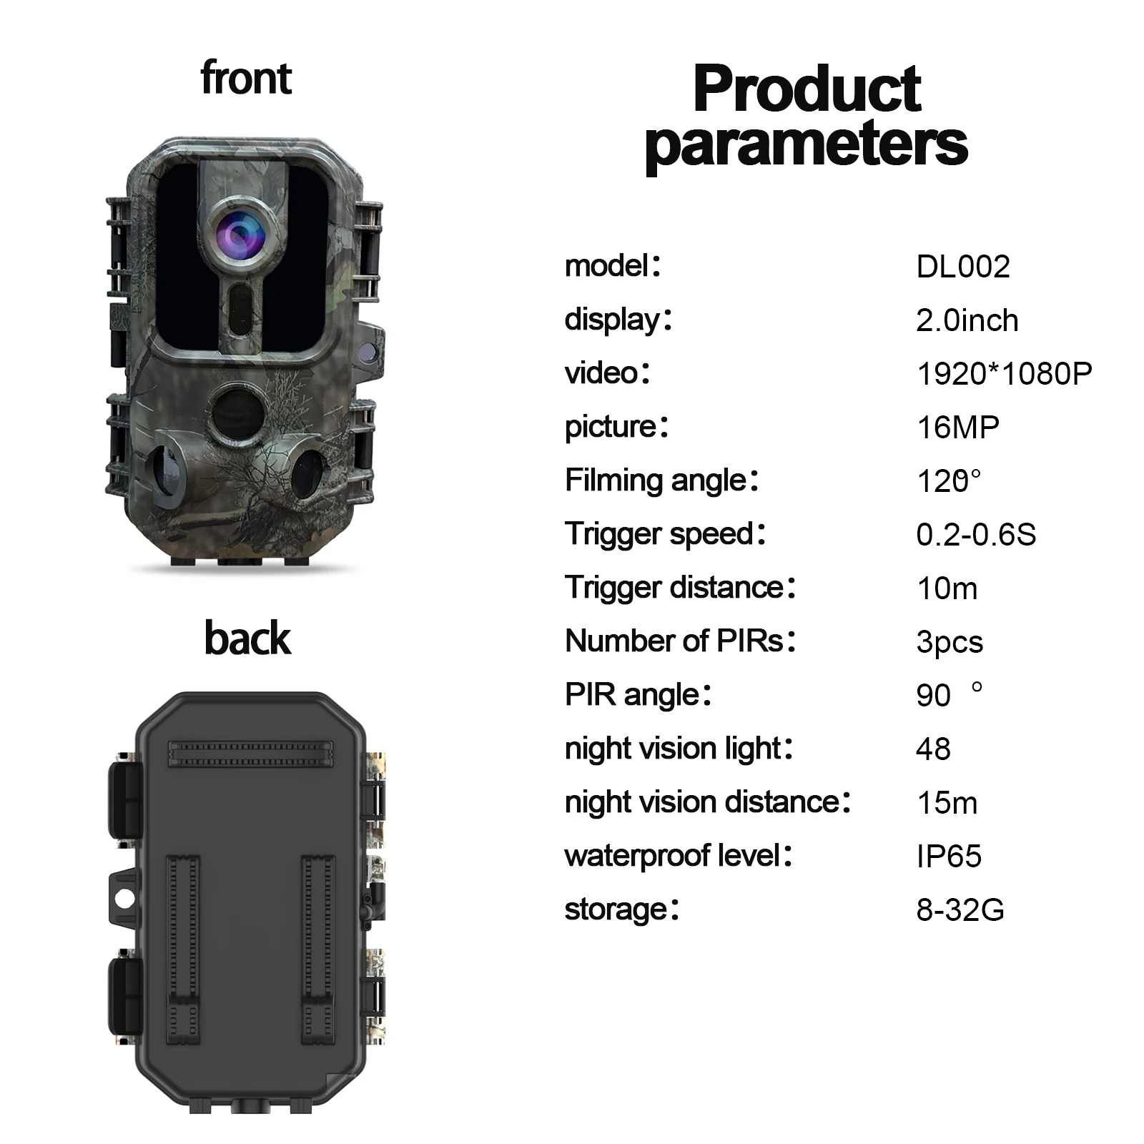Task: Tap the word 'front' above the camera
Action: point(246,78)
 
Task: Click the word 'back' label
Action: point(247,638)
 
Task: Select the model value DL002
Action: point(962,267)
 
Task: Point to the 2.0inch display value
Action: point(967,320)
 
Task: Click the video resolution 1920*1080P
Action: point(1004,374)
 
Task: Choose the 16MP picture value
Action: point(957,428)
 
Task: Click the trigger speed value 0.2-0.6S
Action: point(975,535)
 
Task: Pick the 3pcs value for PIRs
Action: point(950,642)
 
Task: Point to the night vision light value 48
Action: point(933,749)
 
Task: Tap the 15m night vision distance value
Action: point(947,803)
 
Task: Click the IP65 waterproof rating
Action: point(949,857)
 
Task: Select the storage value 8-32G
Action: point(960,910)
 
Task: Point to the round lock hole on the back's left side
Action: point(125,899)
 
